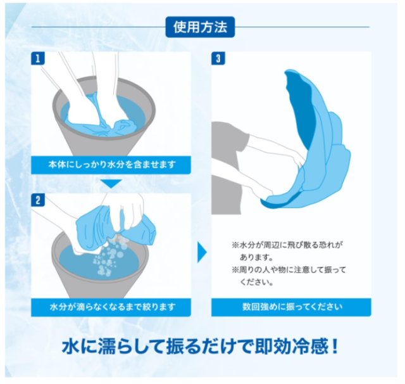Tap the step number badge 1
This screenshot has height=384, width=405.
click(x=39, y=59)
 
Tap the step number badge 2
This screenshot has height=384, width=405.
click(x=39, y=200)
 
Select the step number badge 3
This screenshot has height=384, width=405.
click(x=218, y=59)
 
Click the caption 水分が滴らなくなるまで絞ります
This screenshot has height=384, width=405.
click(x=111, y=307)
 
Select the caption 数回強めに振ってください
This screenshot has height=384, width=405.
click(x=291, y=307)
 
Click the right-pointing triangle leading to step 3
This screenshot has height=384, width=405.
click(x=202, y=252)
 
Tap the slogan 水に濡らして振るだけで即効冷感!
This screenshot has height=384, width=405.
click(x=202, y=347)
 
